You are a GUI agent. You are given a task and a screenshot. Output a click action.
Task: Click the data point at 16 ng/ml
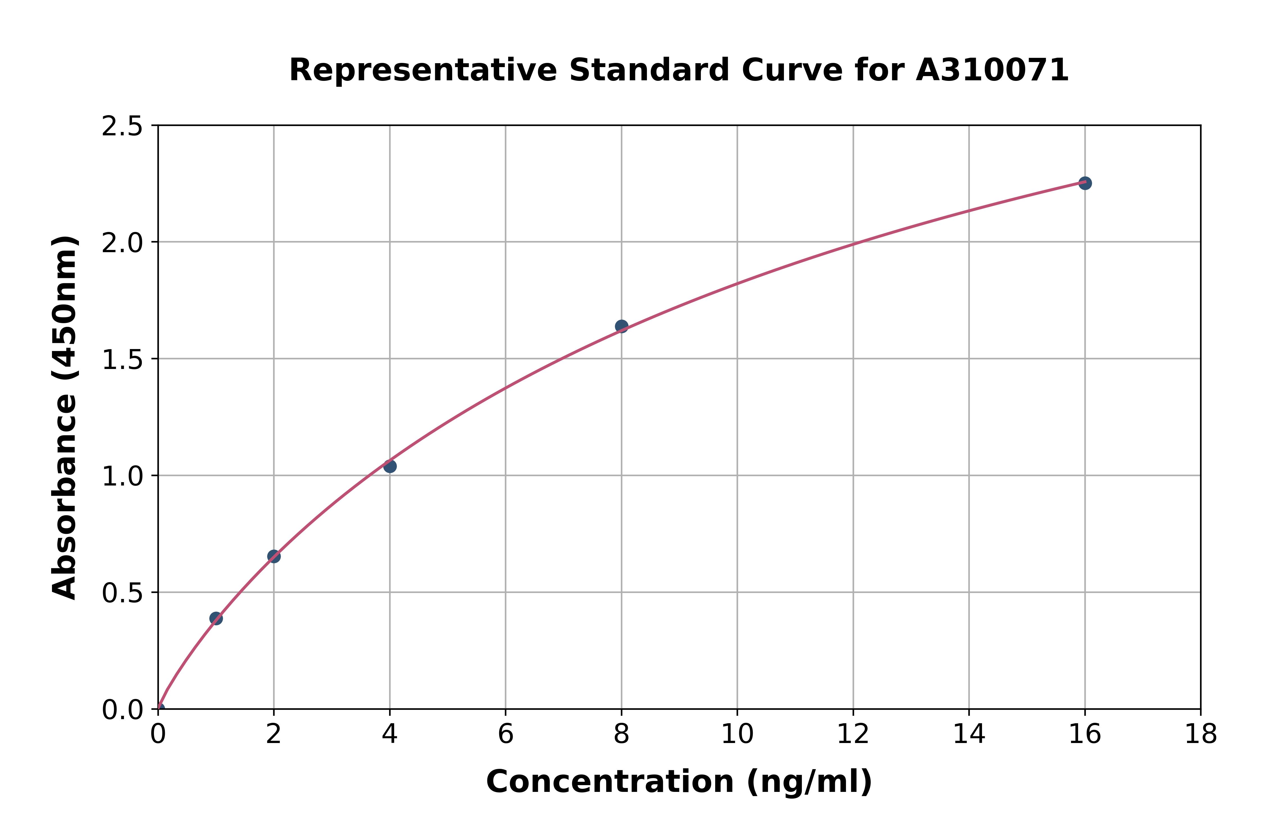1085,183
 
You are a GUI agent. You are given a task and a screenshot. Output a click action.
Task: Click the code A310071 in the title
992,70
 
